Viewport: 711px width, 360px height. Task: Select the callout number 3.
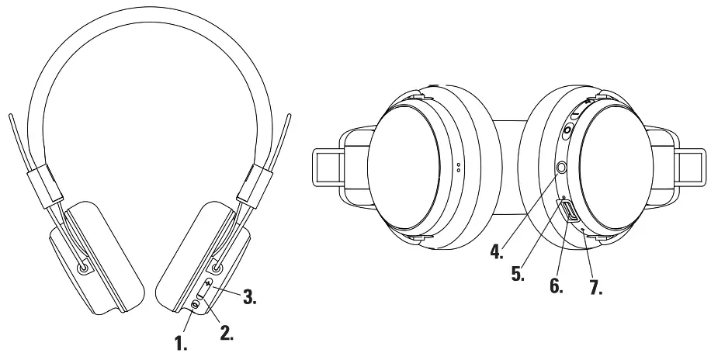tap(248, 296)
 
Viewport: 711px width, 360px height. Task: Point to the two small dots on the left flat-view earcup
tap(459, 167)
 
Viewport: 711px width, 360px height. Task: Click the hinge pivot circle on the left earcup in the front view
tap(83, 266)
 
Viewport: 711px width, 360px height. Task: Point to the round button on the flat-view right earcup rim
tap(567, 131)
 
